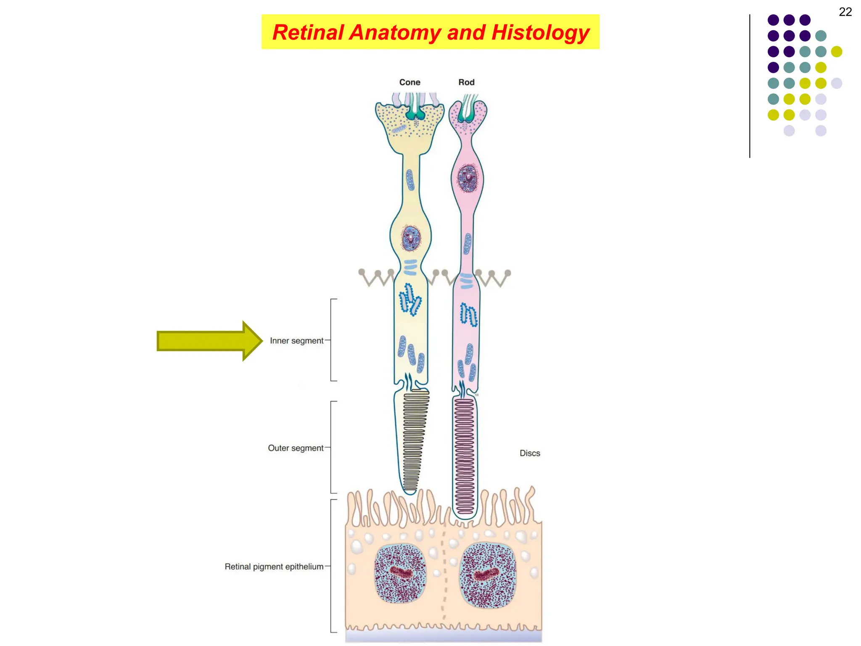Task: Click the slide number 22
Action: (845, 12)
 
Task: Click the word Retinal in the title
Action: (308, 32)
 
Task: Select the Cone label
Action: (409, 82)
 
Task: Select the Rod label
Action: (466, 82)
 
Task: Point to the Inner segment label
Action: (296, 341)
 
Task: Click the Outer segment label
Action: (296, 448)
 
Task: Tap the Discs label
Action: (530, 453)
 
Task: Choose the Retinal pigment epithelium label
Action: (274, 567)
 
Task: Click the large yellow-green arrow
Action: (209, 341)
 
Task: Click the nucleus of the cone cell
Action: (411, 238)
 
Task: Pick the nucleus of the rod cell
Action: (467, 178)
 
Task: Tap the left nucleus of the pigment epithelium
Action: (400, 573)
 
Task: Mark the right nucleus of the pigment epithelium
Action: (488, 575)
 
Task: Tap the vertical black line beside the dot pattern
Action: (750, 86)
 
